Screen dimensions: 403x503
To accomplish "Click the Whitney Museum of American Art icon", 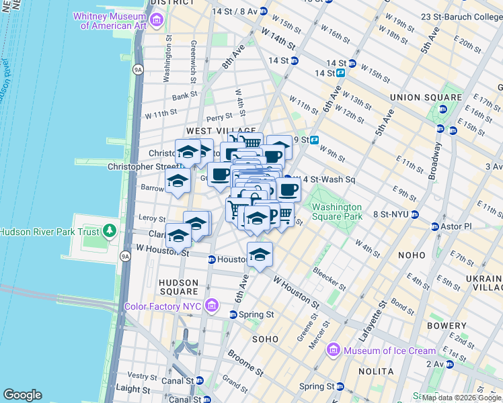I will [x=156, y=21].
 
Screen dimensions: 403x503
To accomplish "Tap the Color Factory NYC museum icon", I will [x=211, y=306].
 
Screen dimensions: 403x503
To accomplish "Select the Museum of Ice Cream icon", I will [x=334, y=350].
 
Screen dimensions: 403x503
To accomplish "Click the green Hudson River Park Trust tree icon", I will [x=110, y=232].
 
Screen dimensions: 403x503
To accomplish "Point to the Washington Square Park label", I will [x=336, y=212].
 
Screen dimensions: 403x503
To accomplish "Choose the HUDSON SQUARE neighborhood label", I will [x=178, y=287].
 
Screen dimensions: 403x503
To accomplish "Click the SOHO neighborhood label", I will [x=264, y=339].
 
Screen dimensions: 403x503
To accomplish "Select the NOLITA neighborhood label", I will [x=377, y=371].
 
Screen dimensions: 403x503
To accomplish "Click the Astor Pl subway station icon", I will [x=434, y=226].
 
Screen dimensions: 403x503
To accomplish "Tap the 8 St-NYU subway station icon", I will [x=415, y=215].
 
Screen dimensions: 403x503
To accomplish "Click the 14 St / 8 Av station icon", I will [x=263, y=11].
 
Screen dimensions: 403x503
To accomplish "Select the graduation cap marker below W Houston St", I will [x=260, y=255].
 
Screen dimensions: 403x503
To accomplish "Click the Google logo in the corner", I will [x=22, y=395].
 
